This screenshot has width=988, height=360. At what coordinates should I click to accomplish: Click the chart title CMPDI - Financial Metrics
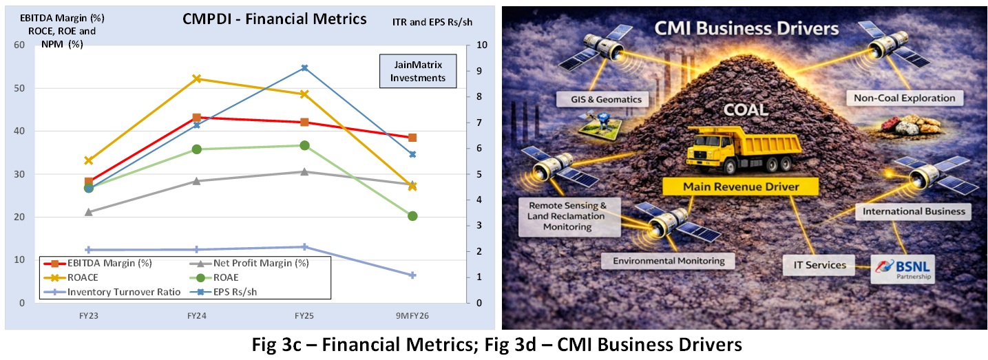[274, 19]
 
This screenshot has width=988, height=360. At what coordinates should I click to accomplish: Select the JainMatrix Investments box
[418, 71]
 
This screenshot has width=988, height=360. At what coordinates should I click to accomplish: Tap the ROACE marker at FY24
[196, 78]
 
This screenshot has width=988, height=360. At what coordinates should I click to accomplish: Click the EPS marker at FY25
[304, 68]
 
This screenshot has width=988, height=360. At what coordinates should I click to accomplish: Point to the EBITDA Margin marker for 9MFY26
[412, 138]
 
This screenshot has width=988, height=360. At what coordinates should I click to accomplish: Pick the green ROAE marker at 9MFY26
[412, 216]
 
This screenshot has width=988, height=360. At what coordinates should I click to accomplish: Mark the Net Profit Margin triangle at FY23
[89, 212]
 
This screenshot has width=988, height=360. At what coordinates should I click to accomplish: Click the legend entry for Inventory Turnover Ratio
[124, 292]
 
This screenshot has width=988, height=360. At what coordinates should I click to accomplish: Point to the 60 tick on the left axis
[19, 45]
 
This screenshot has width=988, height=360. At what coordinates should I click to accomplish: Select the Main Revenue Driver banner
[740, 187]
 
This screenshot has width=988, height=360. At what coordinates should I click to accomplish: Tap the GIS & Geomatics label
[600, 99]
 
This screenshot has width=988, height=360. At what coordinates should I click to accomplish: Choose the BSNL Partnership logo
[903, 268]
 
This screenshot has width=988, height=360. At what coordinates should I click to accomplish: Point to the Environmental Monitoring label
[668, 261]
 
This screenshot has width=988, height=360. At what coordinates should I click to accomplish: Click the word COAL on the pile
[748, 110]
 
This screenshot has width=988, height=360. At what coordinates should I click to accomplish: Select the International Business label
[913, 211]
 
